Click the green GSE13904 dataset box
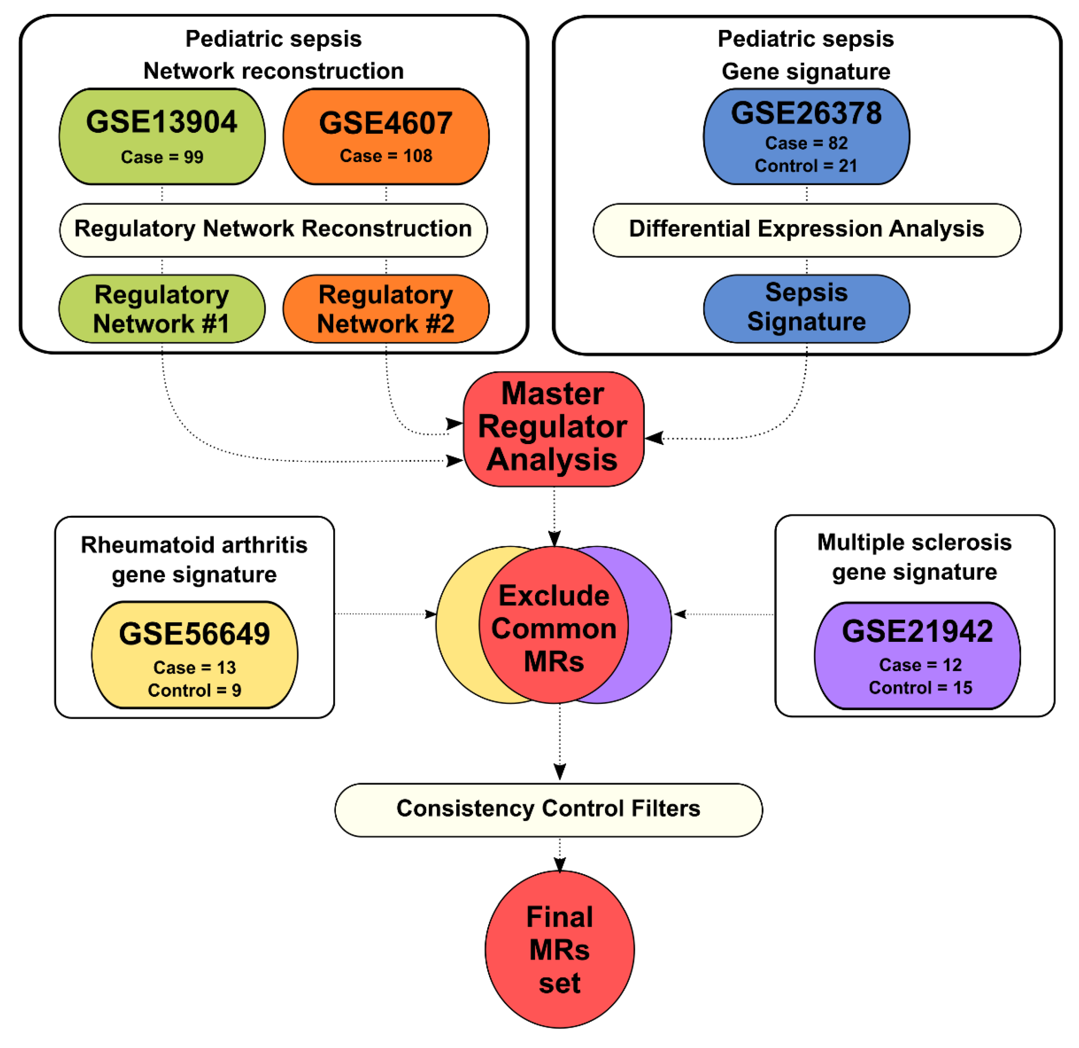[162, 136]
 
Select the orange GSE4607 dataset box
[386, 136]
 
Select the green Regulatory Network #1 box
[162, 309]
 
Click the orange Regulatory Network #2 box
[386, 309]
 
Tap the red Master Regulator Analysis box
[553, 428]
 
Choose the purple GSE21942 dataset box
[917, 655]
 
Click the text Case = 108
[386, 156]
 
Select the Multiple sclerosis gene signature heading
[914, 557]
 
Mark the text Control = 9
[194, 690]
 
